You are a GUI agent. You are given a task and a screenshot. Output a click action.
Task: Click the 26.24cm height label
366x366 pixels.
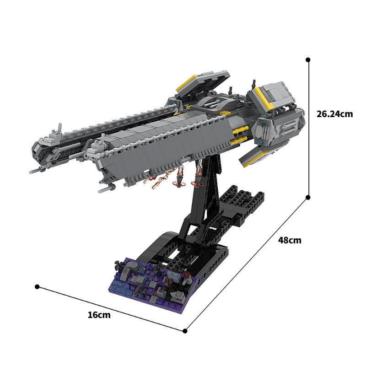coord(334,114)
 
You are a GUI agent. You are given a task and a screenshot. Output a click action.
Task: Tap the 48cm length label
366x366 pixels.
coord(290,240)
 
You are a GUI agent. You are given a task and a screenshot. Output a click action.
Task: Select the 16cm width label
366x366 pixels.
coord(99,314)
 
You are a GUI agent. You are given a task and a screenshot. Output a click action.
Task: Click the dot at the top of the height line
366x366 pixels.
coord(308,59)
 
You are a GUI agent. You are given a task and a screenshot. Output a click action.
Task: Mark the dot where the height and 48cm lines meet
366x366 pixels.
coord(308,197)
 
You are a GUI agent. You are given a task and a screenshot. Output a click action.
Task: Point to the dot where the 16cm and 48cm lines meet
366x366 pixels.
coord(185,330)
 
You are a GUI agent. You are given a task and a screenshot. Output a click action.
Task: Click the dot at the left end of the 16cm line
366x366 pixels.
coord(37,287)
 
